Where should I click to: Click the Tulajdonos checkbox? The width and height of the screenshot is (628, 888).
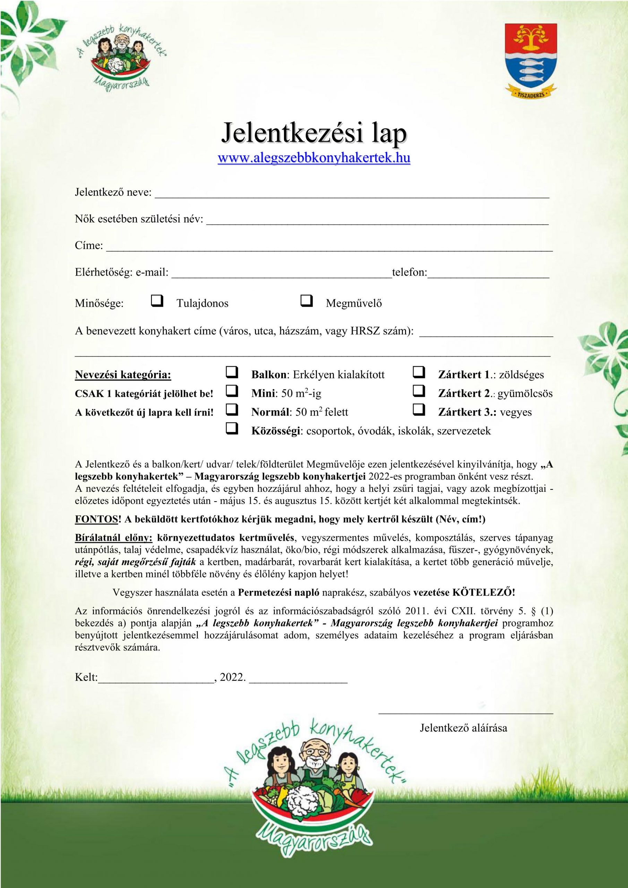point(157,300)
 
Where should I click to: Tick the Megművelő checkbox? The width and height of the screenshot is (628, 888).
point(306,300)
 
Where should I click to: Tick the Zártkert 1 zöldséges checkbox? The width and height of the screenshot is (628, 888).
point(419,373)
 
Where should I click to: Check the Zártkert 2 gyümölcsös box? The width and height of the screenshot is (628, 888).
point(419,391)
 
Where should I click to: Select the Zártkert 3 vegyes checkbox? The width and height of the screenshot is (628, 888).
point(419,410)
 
